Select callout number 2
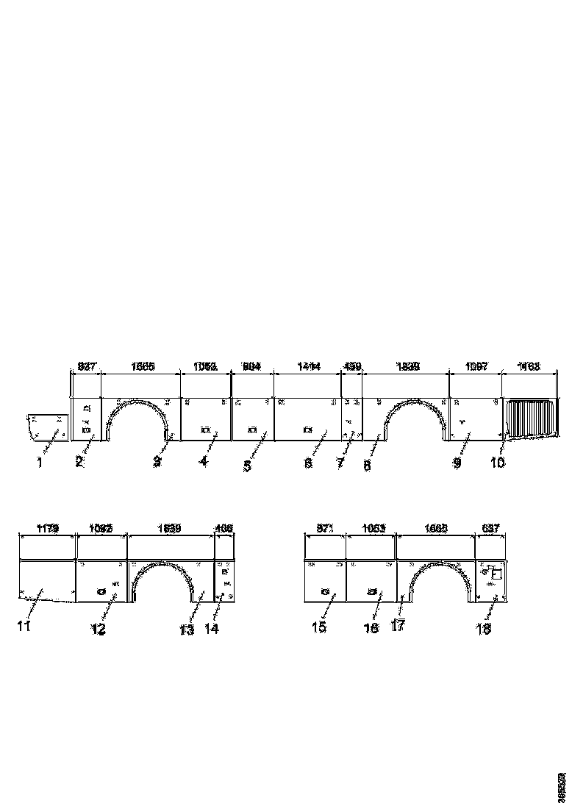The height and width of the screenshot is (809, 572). coord(79,463)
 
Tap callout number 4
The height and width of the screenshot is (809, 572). coord(204,463)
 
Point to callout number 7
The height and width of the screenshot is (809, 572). coord(340,464)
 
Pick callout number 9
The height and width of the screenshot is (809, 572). coord(457,464)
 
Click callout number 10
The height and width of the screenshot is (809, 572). coord(498,463)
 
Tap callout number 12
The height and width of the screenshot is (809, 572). coord(98,630)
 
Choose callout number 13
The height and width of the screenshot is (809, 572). coord(187,630)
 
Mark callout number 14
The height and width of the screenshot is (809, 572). coord(212,630)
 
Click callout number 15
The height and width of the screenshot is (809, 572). coord(318,627)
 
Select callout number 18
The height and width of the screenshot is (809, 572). coord(483,629)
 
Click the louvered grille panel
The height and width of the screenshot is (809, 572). coord(529,418)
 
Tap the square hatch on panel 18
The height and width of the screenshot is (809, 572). coord(496,574)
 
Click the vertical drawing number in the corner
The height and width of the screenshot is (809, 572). coord(562,787)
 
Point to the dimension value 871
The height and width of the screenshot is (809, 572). coord(324,528)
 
